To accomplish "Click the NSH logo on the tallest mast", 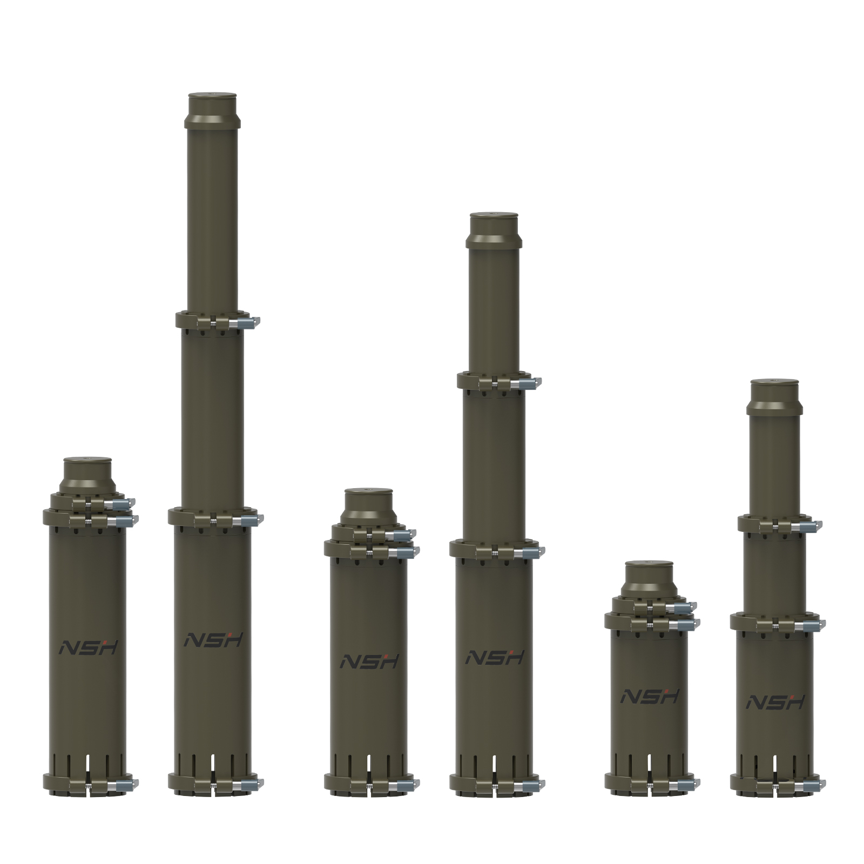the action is pos(213,639).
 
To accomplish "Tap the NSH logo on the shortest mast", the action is pos(649,696).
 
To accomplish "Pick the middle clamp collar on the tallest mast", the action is pos(215,517).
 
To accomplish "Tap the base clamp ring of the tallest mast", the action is pos(215,782).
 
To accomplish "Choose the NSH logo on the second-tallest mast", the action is pos(495,657).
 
